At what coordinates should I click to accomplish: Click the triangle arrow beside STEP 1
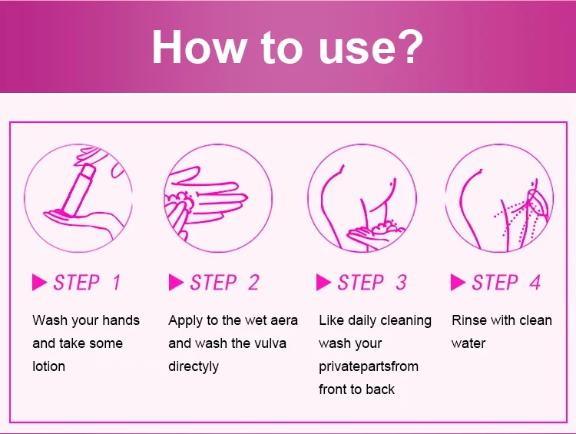coord(40,283)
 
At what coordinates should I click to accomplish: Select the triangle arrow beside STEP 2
coord(176,283)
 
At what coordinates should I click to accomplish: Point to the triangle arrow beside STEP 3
coord(324,283)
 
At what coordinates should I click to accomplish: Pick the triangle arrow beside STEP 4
coord(458,283)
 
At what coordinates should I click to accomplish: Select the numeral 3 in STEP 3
coord(401,283)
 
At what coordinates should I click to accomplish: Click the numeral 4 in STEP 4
coord(535,283)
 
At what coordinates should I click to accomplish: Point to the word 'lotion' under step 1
coord(48,366)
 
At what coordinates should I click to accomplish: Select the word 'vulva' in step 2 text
coord(266,343)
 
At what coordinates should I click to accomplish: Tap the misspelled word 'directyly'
coord(194,366)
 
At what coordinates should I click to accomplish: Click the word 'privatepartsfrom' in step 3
coord(369,366)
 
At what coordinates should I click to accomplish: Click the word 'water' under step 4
coord(468,343)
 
